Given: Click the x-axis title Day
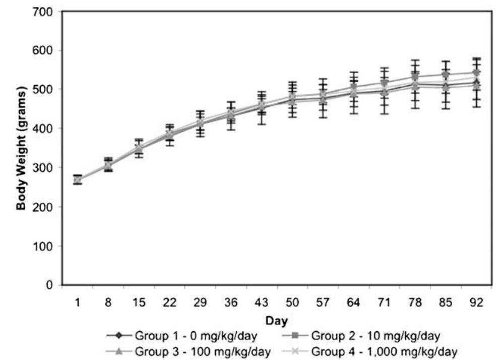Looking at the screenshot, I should pyautogui.click(x=278, y=320).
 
